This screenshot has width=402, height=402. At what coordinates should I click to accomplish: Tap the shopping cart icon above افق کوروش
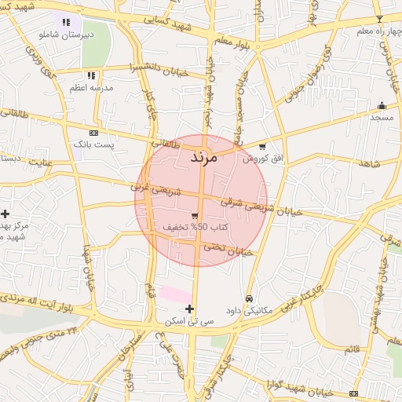pos(261,146)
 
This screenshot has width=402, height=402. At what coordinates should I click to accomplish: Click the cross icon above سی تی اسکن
pos(190,309)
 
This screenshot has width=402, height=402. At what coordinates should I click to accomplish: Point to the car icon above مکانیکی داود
pos(249,298)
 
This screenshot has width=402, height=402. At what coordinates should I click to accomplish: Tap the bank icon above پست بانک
pos(94,133)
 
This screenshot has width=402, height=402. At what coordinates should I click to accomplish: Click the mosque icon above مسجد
pos(382,105)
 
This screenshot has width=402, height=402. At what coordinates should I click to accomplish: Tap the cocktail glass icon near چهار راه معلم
pos(379,18)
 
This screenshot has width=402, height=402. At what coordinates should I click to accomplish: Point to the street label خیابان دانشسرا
pos(162,71)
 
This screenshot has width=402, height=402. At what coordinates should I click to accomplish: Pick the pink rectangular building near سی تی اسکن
pos(176,294)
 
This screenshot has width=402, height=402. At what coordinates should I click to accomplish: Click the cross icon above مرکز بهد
pos(5,214)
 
